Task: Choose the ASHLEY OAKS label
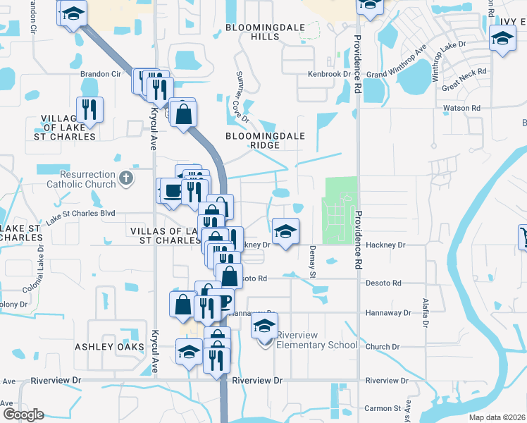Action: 106,347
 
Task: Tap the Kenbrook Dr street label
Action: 328,74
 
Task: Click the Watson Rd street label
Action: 461,109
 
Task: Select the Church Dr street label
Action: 383,347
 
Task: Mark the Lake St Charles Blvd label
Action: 80,216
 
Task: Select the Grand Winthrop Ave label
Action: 397,63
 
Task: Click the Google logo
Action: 23,414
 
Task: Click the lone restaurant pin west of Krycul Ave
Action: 89,110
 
